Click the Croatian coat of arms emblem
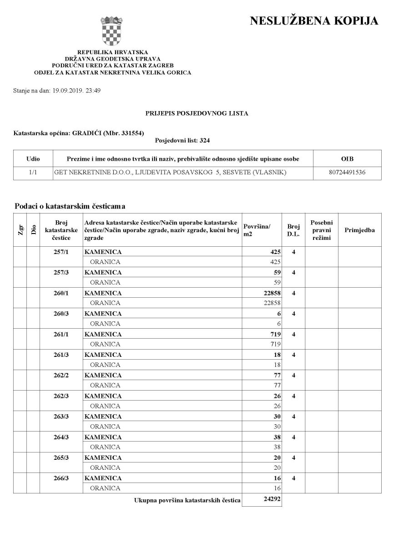[112, 31]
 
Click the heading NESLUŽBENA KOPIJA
[314, 21]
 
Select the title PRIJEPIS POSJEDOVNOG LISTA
[197, 113]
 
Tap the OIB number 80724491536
[347, 173]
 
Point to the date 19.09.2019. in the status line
[68, 91]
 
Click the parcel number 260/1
[61, 293]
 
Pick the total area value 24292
[272, 499]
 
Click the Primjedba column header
[359, 230]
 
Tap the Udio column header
[33, 159]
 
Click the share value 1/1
[33, 173]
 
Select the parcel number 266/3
[61, 478]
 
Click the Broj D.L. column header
[293, 230]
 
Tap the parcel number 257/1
[61, 252]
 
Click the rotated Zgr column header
[20, 230]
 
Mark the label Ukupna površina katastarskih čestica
[187, 500]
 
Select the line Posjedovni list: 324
[182, 141]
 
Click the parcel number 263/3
[61, 417]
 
